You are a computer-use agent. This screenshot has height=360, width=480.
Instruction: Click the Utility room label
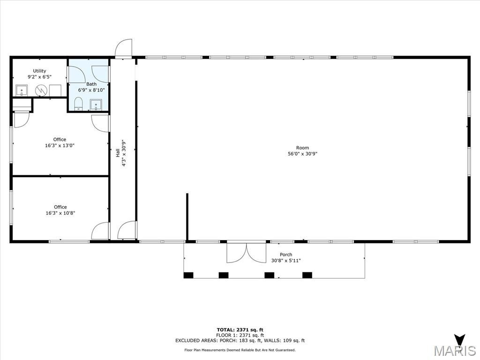pos(39,71)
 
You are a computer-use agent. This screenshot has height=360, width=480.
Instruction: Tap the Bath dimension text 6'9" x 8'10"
pos(91,90)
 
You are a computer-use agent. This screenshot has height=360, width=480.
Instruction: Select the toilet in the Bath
pos(78,104)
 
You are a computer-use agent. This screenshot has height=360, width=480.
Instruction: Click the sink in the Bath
pos(96,105)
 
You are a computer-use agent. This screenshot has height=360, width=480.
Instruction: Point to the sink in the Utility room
pos(22,90)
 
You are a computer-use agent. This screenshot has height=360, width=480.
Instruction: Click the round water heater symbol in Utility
pos(40,90)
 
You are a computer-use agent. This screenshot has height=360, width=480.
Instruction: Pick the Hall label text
pos(118,153)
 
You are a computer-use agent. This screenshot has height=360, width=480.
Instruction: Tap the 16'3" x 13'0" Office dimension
pos(60,145)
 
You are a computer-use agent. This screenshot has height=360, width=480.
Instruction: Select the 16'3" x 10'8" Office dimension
pos(60,213)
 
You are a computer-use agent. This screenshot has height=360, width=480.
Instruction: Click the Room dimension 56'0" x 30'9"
pos(302,154)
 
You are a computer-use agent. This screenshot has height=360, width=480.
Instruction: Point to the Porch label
pos(286,255)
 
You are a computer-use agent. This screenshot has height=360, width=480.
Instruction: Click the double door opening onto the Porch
pos(247,253)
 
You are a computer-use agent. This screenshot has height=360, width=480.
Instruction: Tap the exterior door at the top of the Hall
pos(124,48)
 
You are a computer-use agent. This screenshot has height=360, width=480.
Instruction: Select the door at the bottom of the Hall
pos(127,230)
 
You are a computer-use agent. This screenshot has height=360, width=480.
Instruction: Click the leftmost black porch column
pos(188,275)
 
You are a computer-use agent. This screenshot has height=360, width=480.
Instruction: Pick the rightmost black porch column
pos(307,275)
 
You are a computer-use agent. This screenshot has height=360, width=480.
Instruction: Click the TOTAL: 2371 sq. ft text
pos(240,330)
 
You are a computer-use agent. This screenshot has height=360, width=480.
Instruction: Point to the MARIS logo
pos(455,347)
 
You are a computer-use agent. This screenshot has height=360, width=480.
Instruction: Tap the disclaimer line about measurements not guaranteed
pos(240,350)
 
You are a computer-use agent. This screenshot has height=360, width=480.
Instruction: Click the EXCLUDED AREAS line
pos(240,340)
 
